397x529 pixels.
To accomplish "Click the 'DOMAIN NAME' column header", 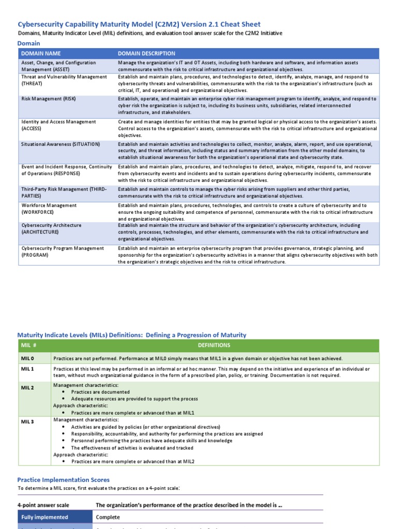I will tap(41, 53).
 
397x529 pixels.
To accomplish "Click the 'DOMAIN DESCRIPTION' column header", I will tap(146, 53).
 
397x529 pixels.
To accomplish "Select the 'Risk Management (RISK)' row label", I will tap(48, 99).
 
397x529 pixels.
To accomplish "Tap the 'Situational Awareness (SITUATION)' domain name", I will tap(60, 144).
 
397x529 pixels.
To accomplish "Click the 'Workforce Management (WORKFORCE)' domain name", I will tap(49, 209).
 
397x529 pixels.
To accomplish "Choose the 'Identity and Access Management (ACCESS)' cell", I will tap(58, 125).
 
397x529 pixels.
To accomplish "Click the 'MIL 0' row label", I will tap(27, 359).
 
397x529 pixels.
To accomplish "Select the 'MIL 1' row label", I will tap(27, 369).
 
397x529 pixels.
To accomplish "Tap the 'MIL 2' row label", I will tap(27, 387).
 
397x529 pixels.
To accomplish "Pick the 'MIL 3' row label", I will tap(27, 422).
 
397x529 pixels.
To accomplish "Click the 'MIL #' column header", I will tap(28, 346).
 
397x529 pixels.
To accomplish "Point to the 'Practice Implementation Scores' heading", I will tap(64, 480).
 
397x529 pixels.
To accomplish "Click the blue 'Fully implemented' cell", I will tap(44, 517).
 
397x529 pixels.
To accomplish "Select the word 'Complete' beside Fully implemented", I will tap(108, 517).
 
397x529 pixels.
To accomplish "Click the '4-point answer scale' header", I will tap(43, 505).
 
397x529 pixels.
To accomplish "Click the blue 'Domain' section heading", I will tap(29, 43).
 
